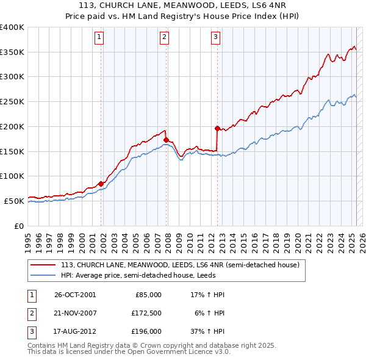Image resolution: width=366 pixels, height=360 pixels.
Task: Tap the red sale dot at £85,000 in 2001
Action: pos(101,183)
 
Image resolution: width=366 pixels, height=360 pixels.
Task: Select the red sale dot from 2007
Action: pos(166,140)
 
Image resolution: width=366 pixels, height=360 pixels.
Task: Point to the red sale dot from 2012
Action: pos(217,128)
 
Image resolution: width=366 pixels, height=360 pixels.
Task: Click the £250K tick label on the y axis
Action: pos(12,101)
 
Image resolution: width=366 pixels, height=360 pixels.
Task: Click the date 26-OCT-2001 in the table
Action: pos(75,295)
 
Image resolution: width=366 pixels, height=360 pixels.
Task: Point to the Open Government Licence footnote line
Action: pos(129,351)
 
